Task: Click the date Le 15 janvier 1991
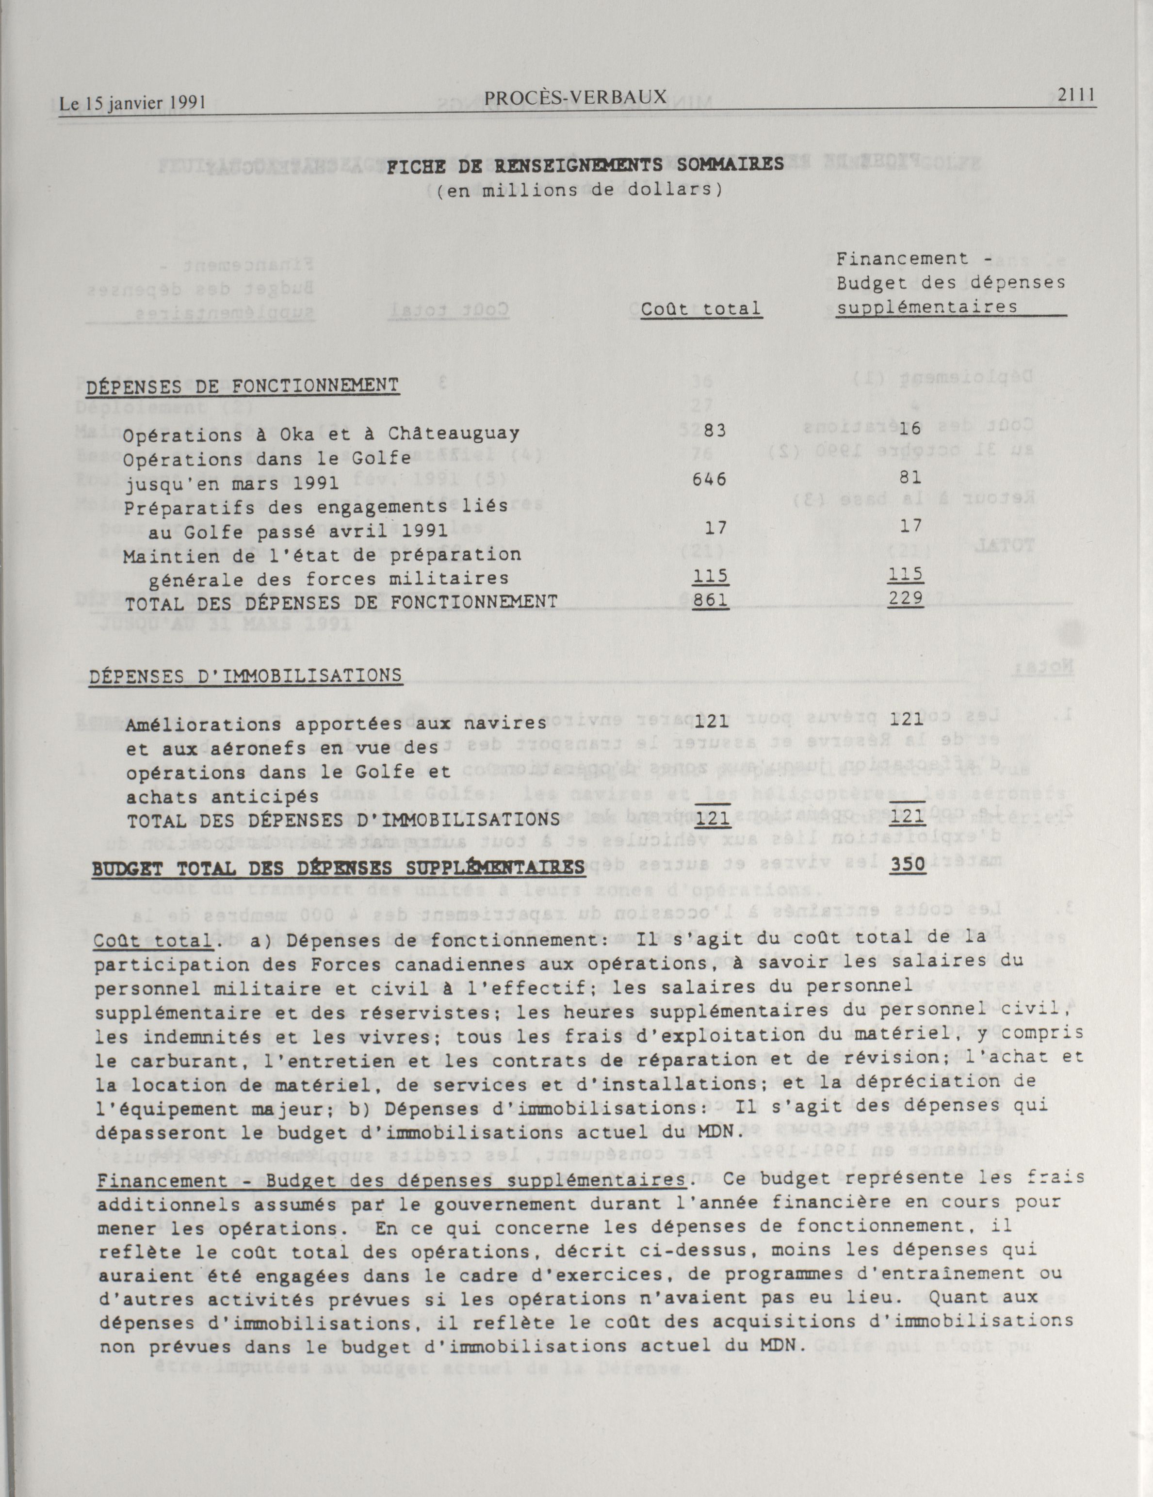(x=133, y=103)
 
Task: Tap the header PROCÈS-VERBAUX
(x=575, y=98)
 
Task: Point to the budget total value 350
(x=908, y=865)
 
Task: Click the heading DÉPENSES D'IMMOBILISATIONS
(x=245, y=676)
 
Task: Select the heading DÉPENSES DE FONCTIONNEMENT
(x=242, y=386)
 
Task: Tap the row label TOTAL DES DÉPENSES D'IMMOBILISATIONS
(x=343, y=821)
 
